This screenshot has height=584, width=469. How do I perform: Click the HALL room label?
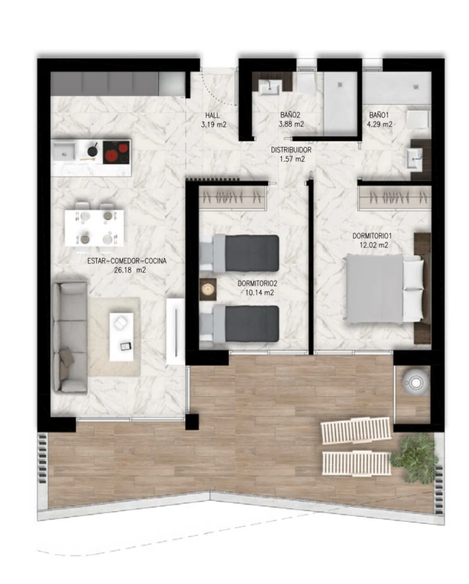click(213, 116)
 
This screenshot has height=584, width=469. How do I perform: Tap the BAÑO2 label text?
click(290, 115)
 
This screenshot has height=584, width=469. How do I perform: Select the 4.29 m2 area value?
click(380, 124)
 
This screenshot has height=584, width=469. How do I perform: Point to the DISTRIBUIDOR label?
click(291, 150)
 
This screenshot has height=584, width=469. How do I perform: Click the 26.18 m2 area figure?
click(130, 270)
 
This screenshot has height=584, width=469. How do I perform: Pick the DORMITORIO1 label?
click(372, 236)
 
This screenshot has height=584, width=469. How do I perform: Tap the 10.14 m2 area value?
click(259, 293)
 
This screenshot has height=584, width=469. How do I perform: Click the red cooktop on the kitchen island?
click(116, 152)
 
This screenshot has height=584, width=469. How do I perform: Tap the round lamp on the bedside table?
click(208, 289)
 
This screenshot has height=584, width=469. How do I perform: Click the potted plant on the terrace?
click(414, 457)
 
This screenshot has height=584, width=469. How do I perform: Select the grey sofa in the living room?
click(70, 337)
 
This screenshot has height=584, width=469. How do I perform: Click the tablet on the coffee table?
click(126, 346)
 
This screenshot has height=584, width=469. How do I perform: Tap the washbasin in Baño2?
click(270, 88)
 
